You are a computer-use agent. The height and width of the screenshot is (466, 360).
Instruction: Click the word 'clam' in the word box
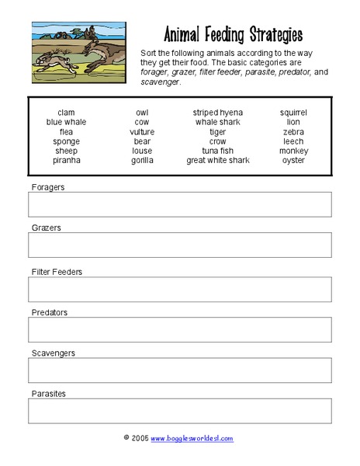point(66,113)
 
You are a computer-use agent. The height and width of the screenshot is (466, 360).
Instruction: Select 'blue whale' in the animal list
point(66,122)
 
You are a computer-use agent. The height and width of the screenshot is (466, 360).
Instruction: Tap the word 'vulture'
point(142,132)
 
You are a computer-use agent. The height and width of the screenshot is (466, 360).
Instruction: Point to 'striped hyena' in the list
point(217,113)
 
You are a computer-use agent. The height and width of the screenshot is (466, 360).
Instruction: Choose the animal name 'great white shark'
point(217,161)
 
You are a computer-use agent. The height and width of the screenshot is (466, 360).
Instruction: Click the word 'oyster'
point(293,161)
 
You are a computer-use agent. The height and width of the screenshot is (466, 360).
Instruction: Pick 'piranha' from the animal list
point(66,161)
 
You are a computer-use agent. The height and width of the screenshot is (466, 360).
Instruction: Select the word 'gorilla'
point(142,161)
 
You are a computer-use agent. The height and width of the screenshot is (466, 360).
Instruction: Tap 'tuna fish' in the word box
point(217,151)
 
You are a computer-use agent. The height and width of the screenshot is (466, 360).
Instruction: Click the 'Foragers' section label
point(48,187)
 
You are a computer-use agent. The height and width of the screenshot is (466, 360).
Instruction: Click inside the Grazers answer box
point(179,245)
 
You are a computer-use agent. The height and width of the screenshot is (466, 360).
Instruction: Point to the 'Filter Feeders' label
point(57,272)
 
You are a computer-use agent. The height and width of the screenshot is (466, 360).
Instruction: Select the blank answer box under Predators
point(179,329)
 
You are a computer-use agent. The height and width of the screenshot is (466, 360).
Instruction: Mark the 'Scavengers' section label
point(53,353)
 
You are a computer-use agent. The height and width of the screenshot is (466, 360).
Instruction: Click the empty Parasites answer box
point(179,411)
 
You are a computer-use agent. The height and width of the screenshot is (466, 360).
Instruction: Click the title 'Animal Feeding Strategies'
point(233,35)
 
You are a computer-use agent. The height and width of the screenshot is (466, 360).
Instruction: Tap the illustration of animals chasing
point(78,53)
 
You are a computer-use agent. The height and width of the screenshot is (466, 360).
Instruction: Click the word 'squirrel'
point(293,113)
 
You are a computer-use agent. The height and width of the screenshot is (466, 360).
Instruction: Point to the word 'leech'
point(293,141)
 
